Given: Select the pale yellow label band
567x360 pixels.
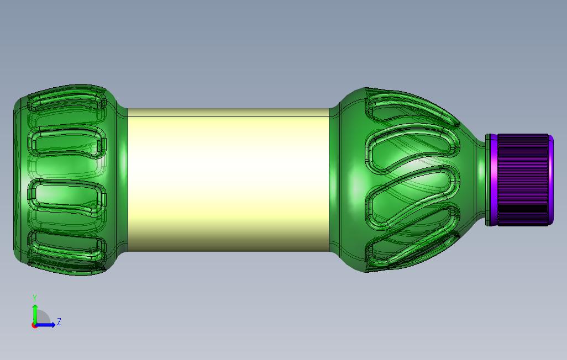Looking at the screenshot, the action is (x=229, y=180).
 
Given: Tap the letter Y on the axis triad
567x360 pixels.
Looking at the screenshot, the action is (x=35, y=298).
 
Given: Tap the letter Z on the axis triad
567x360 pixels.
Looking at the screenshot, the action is (x=59, y=321).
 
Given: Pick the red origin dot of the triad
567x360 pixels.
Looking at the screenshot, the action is (x=34, y=326).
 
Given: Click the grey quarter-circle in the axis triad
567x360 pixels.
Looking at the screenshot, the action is (x=43, y=317).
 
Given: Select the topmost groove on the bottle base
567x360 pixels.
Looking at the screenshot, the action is (x=67, y=102).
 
